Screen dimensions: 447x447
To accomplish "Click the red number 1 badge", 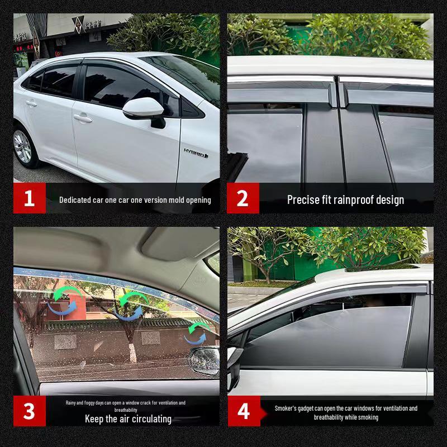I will coord(29,198).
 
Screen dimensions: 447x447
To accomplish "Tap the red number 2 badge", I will coord(242,198).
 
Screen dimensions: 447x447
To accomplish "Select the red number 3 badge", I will coord(29,411).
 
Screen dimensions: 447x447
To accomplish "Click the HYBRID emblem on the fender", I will coord(196,152).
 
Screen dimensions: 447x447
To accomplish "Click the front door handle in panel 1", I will coord(82,118).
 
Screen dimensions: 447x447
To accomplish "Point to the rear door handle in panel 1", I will coord(31,103).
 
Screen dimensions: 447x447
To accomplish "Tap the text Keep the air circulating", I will coord(128,419).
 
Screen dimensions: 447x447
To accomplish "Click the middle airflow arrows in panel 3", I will coord(128,305).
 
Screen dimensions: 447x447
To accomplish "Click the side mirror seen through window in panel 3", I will coord(205,360).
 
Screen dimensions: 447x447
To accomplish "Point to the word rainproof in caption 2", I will coord(353,199).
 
